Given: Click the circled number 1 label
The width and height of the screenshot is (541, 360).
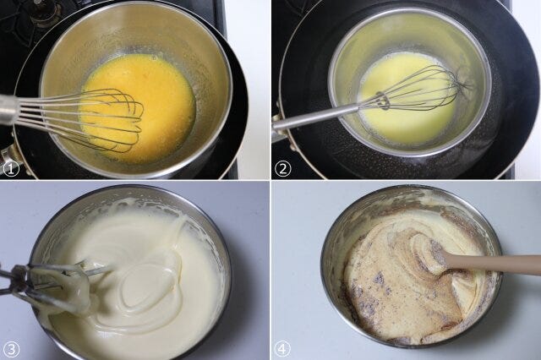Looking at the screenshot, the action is tap(11, 170).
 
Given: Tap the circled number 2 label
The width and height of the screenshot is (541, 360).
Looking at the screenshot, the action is tap(282, 170).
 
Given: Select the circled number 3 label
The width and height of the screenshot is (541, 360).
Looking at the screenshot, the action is tap(11, 349).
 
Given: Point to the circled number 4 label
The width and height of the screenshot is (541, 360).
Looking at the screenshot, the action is tap(282, 349).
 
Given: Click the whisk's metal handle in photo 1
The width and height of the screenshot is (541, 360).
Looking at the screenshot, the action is tap(9, 110).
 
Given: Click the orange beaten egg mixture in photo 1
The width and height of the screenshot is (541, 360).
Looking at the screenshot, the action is tap(138, 103).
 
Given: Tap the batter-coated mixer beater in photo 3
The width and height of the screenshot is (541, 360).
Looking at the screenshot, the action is tap(52, 289).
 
